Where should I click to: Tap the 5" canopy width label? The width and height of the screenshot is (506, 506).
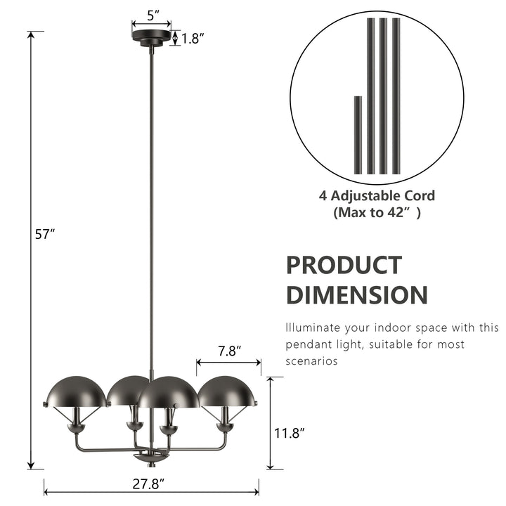[x=152, y=13]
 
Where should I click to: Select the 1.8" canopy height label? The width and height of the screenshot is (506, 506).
[x=192, y=39]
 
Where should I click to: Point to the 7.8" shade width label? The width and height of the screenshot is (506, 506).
[x=229, y=349]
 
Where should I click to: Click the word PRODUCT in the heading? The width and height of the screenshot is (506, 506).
[x=344, y=266]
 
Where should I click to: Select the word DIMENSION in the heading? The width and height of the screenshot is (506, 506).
[x=356, y=294]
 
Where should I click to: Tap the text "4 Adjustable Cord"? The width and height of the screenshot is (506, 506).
[x=377, y=196]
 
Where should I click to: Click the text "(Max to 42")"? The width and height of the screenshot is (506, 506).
[x=377, y=213]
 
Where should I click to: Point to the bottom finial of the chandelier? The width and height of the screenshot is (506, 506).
[x=151, y=458]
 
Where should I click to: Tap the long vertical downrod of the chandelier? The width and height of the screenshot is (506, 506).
[x=151, y=211]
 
